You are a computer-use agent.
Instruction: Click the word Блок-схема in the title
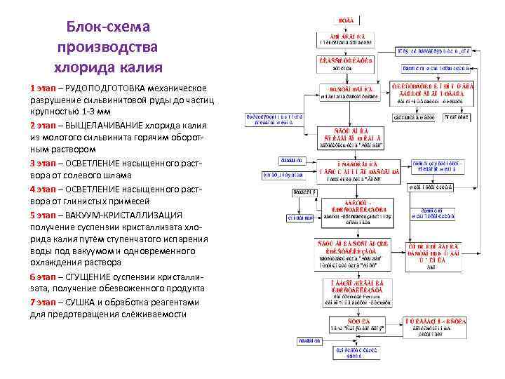click(x=109, y=27)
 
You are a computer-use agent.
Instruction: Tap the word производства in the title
click(x=109, y=47)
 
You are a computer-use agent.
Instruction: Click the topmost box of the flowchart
click(x=347, y=19)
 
